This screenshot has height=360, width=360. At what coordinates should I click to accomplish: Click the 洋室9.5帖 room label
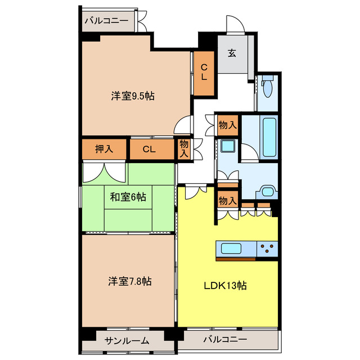[133, 96]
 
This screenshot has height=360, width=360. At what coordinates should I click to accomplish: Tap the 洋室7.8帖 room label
[130, 281]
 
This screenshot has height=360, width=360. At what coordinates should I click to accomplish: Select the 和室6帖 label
[128, 197]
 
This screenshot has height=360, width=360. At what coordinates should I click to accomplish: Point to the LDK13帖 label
[226, 286]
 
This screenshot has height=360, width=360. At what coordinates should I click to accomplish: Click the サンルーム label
[127, 341]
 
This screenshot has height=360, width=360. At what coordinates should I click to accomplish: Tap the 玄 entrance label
[232, 53]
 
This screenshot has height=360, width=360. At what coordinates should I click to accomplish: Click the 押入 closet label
[104, 149]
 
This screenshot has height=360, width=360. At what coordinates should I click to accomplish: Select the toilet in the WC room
[268, 86]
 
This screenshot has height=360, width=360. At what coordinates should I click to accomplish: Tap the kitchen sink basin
[231, 249]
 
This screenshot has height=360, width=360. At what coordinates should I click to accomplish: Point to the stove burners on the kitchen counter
[268, 249]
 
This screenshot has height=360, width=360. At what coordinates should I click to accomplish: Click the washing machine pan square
[228, 146]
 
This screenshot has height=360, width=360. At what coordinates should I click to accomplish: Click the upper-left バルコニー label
[106, 21]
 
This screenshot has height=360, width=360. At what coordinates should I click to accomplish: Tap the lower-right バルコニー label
[225, 339]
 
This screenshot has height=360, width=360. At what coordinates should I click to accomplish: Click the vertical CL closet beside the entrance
[204, 73]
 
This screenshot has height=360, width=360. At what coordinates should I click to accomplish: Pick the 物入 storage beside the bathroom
[227, 125]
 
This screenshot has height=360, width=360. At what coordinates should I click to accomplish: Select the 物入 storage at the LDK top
[227, 200]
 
